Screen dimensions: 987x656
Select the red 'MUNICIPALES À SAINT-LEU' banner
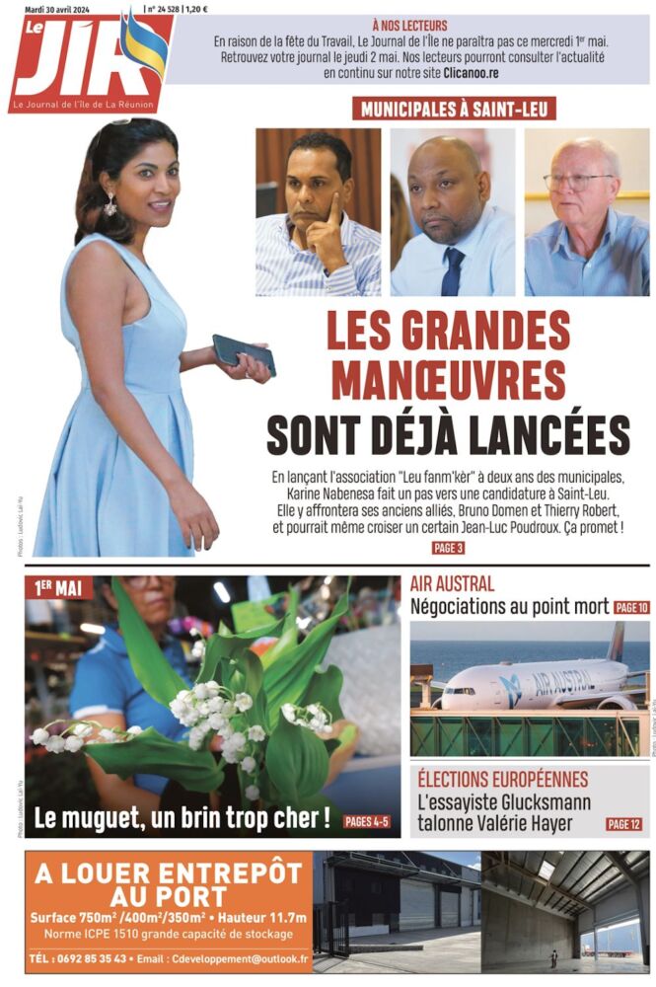point(454,109)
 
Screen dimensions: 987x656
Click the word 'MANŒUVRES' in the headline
point(449,381)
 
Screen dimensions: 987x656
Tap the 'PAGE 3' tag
point(448,548)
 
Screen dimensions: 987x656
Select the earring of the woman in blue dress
point(110,204)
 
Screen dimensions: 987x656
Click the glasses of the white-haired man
point(577,182)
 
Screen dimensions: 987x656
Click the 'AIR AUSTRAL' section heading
point(453,584)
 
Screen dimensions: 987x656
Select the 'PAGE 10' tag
point(630,608)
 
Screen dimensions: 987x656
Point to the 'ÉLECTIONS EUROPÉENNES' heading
point(503,780)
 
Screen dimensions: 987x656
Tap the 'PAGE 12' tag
point(624,823)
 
